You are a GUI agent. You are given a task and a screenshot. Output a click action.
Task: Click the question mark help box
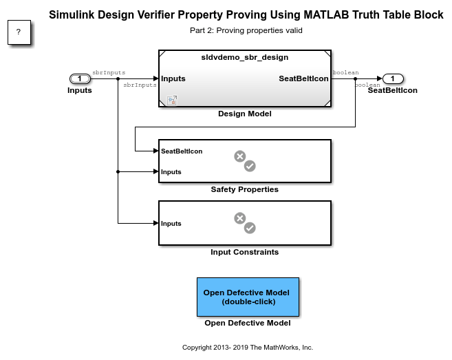pyautogui.click(x=19, y=32)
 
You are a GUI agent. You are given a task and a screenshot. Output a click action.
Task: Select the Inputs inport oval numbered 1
pyautogui.click(x=80, y=78)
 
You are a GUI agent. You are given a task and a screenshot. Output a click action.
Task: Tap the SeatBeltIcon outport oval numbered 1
pyautogui.click(x=393, y=78)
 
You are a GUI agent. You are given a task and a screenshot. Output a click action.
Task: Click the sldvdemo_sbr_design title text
pyautogui.click(x=245, y=57)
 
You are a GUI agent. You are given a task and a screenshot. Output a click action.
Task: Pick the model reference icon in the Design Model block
pyautogui.click(x=172, y=100)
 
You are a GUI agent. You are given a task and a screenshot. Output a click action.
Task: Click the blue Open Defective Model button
pyautogui.click(x=248, y=297)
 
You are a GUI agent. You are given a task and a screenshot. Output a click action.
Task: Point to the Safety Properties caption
pyautogui.click(x=245, y=189)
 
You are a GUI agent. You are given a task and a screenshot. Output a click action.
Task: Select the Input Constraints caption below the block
pyautogui.click(x=245, y=252)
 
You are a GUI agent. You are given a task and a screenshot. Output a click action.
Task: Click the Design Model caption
pyautogui.click(x=245, y=114)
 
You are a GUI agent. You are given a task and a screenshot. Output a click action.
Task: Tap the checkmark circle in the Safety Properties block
pyautogui.click(x=250, y=166)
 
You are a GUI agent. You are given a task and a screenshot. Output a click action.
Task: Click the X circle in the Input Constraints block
pyautogui.click(x=240, y=218)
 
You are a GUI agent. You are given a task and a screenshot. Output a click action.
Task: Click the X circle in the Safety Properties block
pyautogui.click(x=240, y=156)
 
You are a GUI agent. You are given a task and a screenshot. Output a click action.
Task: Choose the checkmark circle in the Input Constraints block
pyautogui.click(x=250, y=228)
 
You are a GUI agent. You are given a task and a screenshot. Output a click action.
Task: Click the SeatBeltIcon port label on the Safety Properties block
pyautogui.click(x=182, y=151)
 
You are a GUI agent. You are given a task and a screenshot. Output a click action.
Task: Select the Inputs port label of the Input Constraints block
pyautogui.click(x=171, y=224)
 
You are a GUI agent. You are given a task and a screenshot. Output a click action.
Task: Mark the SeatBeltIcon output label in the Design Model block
pyautogui.click(x=303, y=78)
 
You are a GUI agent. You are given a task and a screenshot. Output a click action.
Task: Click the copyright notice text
pyautogui.click(x=248, y=348)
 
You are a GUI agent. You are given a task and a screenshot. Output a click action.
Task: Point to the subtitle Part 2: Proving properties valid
pyautogui.click(x=246, y=30)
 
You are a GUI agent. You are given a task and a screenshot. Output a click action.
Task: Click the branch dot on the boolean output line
pyautogui.click(x=355, y=78)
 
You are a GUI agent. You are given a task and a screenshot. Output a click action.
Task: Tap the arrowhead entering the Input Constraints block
pyautogui.click(x=156, y=223)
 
